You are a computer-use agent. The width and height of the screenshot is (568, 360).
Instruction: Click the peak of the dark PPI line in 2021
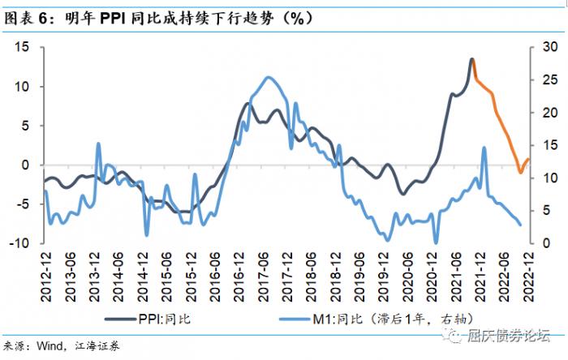(x=471, y=59)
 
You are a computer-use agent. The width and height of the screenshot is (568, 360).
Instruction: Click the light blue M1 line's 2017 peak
(x=269, y=78)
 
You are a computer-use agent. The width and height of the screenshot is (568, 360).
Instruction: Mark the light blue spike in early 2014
(x=99, y=144)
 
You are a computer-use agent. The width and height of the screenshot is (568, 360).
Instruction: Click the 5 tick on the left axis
(x=26, y=126)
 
